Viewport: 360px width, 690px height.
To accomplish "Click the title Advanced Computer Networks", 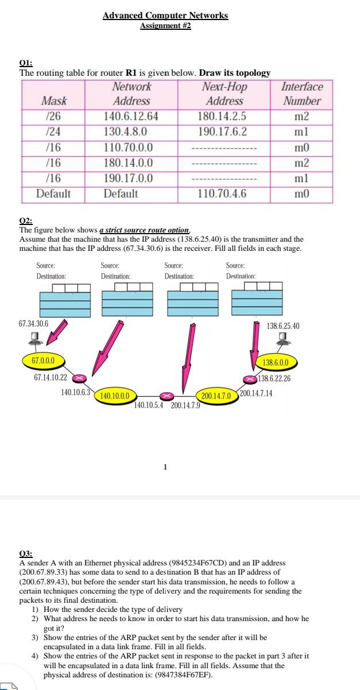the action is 165,15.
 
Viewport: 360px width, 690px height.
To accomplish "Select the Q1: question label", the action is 26,64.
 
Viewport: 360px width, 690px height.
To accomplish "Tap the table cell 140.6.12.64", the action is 131,117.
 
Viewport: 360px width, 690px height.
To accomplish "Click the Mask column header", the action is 54,101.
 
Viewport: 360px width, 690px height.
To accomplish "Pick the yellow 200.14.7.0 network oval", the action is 216,396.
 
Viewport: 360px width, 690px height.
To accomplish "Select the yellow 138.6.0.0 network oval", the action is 279,362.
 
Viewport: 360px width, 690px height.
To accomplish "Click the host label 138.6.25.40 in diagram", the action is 283,326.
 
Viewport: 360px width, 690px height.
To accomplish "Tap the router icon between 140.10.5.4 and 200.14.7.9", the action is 166,396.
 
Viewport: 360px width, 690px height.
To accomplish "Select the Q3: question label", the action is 26,554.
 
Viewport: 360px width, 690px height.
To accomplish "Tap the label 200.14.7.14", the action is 256,393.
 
